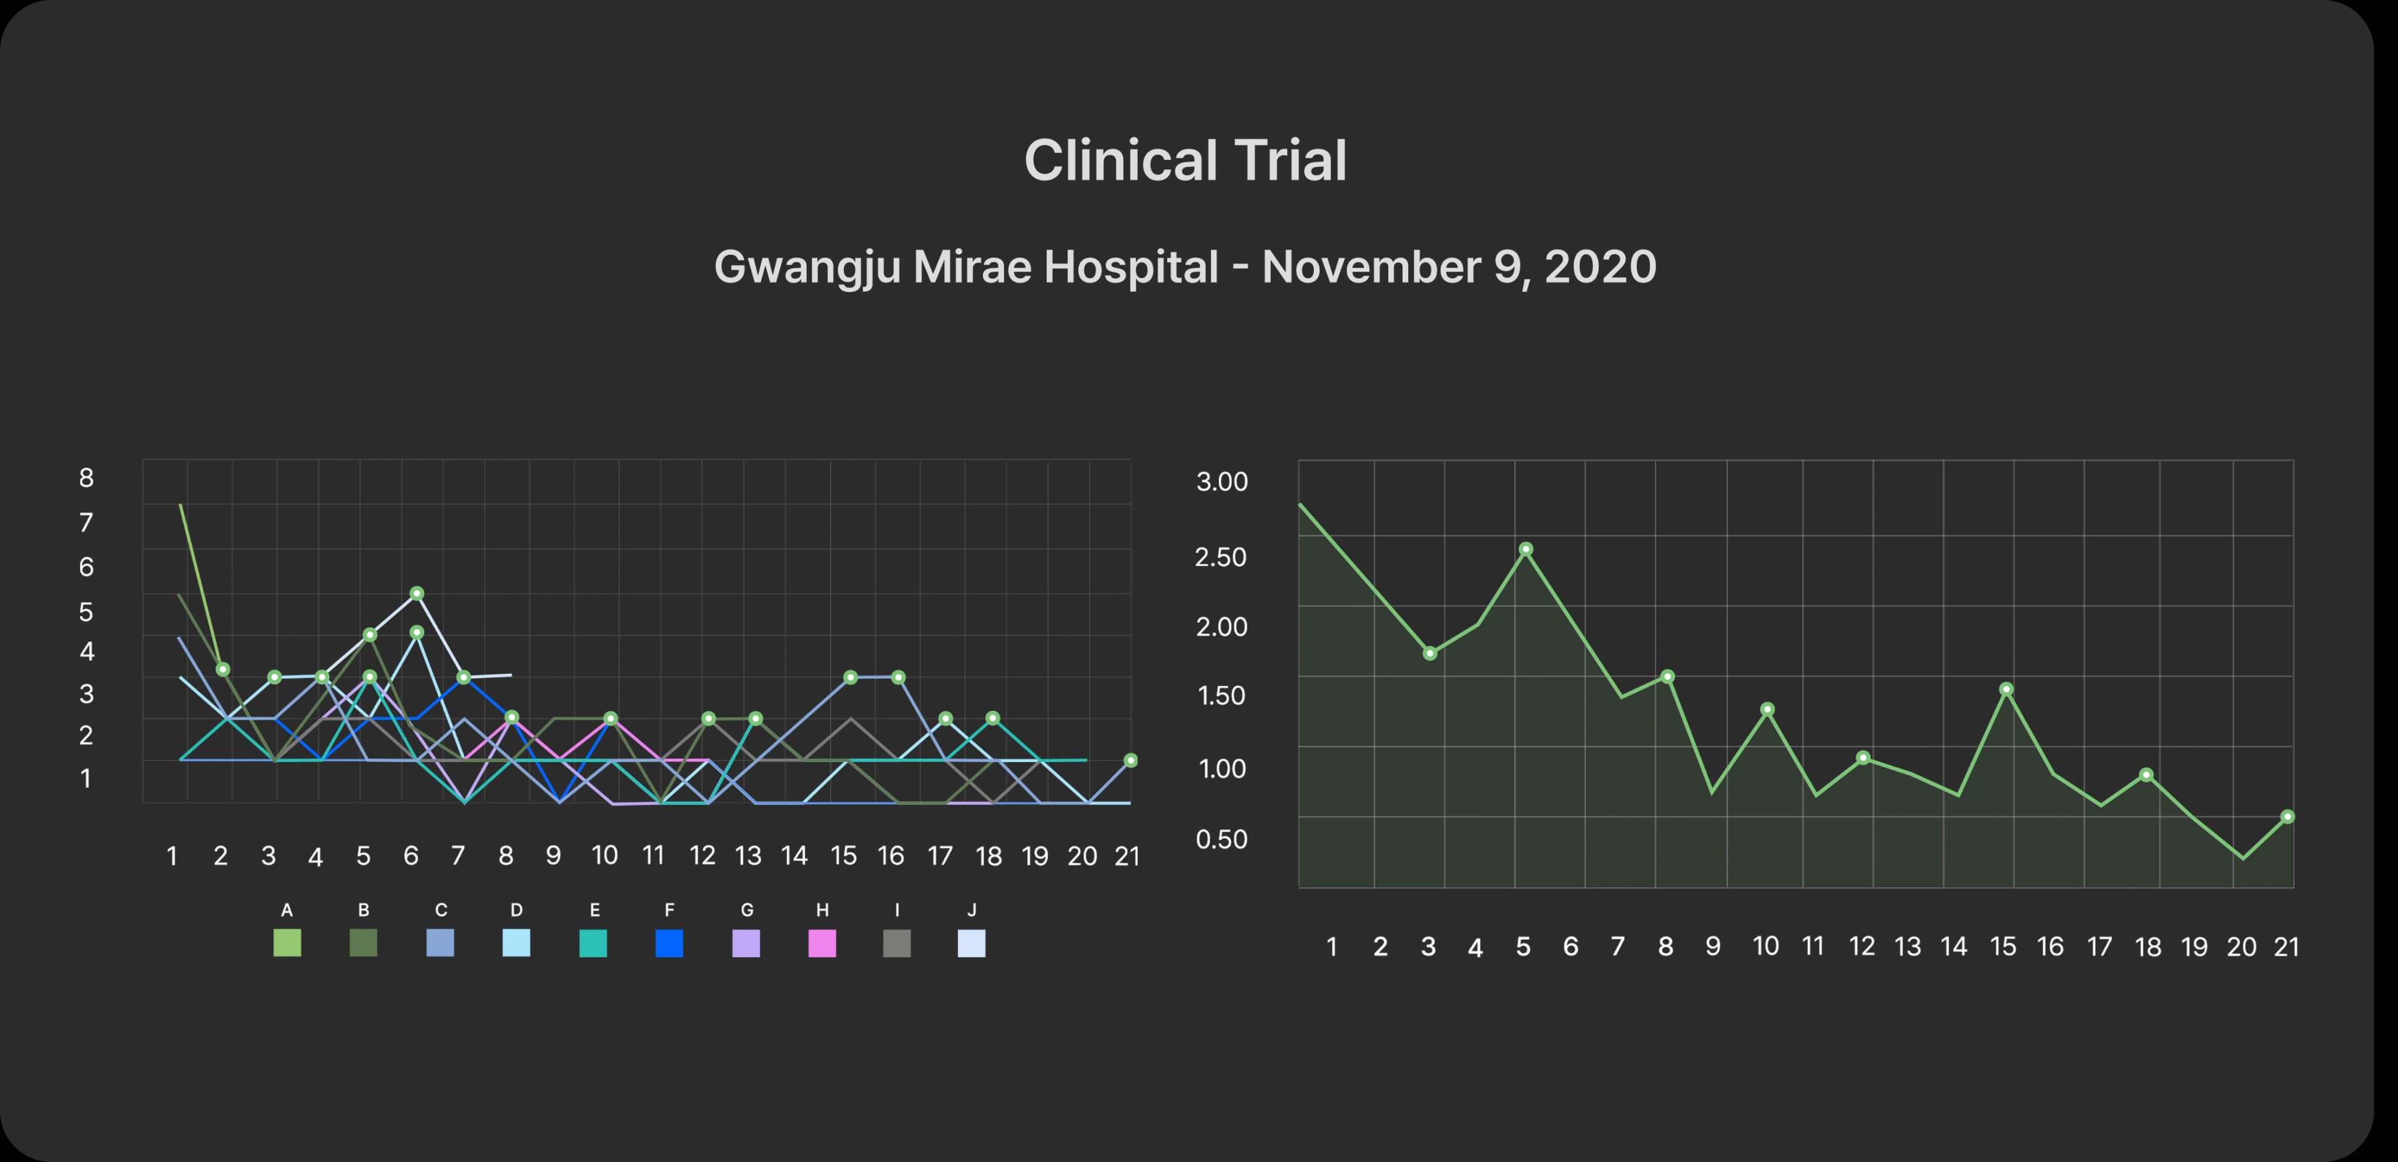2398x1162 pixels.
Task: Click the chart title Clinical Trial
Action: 1185,160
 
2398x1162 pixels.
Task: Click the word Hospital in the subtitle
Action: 1130,267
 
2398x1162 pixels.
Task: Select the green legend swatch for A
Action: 287,943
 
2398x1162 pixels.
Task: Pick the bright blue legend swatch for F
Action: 669,943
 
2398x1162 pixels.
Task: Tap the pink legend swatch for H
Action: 822,943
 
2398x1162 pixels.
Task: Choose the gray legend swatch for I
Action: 897,943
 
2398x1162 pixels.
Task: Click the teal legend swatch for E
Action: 593,943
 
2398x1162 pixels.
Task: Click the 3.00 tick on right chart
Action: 1221,482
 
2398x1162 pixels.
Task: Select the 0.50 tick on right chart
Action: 1221,839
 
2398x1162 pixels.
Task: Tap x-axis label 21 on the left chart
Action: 1127,856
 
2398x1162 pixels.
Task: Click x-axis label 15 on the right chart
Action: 2002,947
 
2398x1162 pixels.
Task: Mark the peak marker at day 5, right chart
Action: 1526,549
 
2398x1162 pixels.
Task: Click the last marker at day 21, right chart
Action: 2287,817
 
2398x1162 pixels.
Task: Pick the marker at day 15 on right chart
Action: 2006,690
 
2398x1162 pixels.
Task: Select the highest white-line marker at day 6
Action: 417,593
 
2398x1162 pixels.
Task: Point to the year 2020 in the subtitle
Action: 1599,267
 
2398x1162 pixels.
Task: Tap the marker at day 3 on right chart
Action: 1430,653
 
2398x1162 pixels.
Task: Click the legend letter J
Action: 972,910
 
